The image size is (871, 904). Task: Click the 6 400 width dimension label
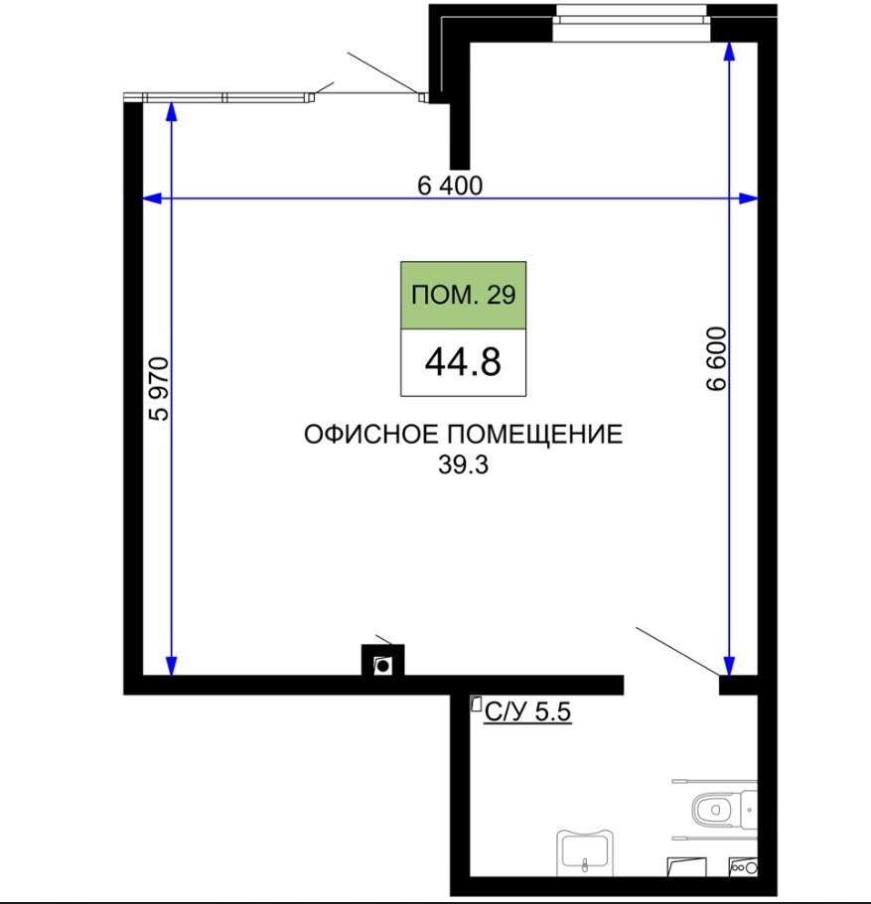click(450, 185)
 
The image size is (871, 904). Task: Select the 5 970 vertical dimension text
click(159, 388)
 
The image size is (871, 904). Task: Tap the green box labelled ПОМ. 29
click(463, 295)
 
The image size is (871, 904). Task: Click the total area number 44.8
click(463, 362)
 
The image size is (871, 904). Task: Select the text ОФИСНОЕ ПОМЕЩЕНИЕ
click(463, 435)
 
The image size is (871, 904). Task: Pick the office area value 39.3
click(463, 464)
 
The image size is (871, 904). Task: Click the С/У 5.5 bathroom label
click(527, 710)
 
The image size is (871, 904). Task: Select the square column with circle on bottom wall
click(382, 664)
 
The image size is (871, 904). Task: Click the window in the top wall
click(631, 22)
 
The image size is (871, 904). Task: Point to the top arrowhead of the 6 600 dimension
click(730, 48)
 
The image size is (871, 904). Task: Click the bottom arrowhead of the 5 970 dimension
click(172, 665)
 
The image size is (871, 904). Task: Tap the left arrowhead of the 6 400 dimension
click(152, 198)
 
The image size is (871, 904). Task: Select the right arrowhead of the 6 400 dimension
click(750, 198)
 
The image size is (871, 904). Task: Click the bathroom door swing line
click(676, 652)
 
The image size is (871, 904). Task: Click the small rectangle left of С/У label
click(476, 705)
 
